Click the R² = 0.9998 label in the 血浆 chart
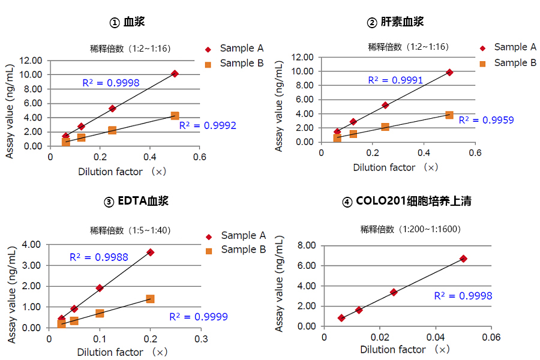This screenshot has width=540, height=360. (x=111, y=83)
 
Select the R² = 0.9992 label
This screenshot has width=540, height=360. (x=208, y=125)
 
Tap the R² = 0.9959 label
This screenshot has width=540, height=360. (x=486, y=120)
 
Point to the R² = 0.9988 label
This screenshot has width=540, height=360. (x=99, y=257)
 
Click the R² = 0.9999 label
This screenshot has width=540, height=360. (x=199, y=317)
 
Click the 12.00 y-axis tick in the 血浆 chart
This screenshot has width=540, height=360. (x=31, y=60)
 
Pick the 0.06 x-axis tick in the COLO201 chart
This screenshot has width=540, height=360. (x=491, y=337)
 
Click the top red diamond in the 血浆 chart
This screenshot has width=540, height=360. (x=175, y=74)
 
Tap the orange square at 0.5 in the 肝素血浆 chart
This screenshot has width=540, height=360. (x=449, y=115)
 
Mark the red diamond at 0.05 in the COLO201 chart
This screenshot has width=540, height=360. (x=463, y=259)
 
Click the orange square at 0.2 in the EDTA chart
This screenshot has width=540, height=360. (x=150, y=299)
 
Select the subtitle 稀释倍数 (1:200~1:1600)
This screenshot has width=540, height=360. (x=410, y=229)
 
